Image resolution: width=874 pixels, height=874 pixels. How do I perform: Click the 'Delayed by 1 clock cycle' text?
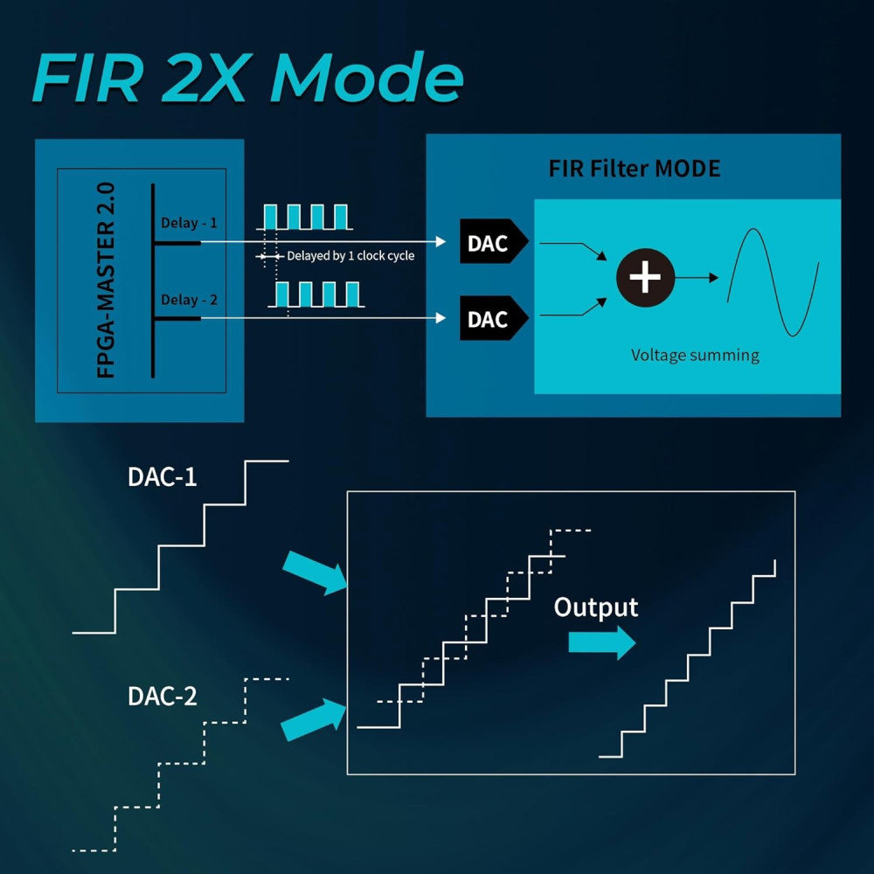(x=350, y=256)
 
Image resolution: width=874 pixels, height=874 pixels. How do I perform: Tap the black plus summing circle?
(x=645, y=278)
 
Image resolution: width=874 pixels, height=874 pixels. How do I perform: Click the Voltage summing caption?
(x=695, y=355)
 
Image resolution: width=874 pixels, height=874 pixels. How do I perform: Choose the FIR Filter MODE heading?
(x=635, y=168)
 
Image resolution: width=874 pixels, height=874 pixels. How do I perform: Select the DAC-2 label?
(x=162, y=696)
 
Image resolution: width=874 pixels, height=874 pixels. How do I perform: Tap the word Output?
(x=596, y=607)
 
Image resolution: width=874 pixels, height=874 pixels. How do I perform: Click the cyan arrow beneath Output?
(x=601, y=642)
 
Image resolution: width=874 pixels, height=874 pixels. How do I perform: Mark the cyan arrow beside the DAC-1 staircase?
(x=315, y=573)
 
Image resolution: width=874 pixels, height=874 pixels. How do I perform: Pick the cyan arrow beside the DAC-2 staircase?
(x=312, y=718)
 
